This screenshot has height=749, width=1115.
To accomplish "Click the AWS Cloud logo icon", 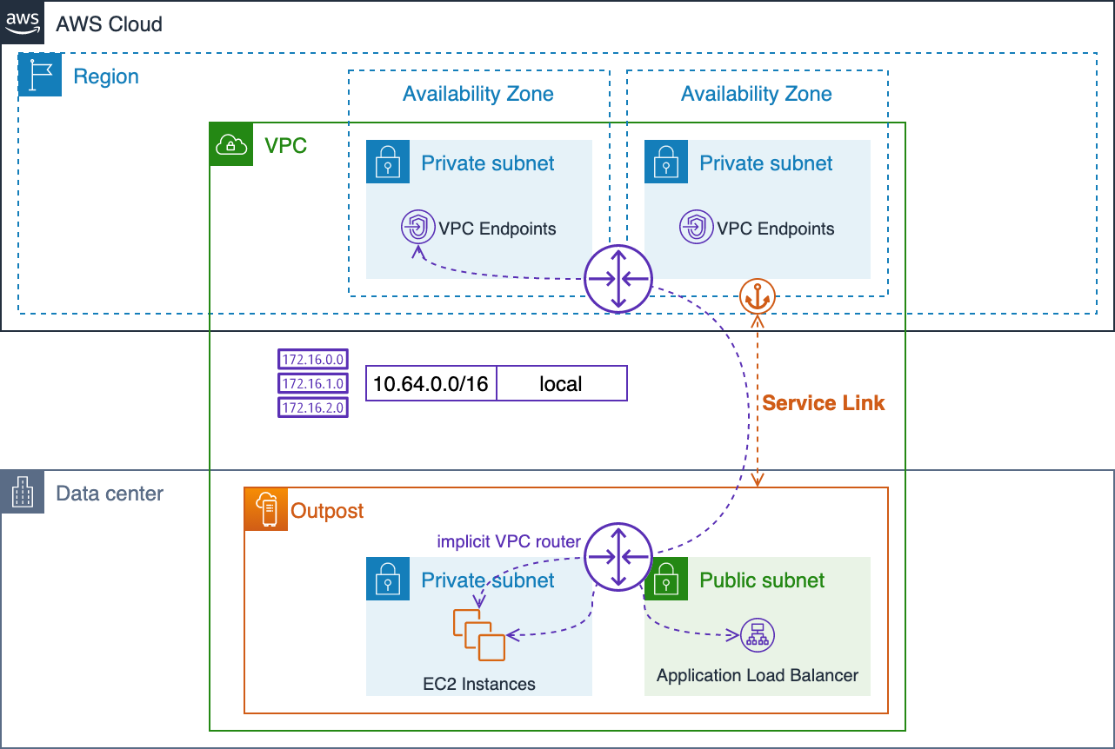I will [x=23, y=23].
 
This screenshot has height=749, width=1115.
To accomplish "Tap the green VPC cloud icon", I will [x=231, y=144].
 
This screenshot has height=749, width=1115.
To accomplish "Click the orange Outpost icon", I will [x=266, y=509].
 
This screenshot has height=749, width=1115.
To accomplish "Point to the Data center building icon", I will [x=23, y=493].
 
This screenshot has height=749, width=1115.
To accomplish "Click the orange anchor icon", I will [x=757, y=297].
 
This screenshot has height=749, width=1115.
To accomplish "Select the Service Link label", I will [x=823, y=403].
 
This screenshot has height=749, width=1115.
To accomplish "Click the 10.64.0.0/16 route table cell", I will [x=431, y=383].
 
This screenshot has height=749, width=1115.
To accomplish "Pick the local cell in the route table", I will [x=561, y=383].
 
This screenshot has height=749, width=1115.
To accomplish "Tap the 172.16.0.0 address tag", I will [x=313, y=359].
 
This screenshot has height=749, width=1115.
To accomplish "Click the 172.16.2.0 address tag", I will [x=313, y=408].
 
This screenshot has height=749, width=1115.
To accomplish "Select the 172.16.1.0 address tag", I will [x=313, y=383].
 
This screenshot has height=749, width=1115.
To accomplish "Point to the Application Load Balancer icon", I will [x=757, y=636].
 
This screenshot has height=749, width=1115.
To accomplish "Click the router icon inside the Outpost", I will [x=618, y=556].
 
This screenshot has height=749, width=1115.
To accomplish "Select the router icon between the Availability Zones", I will [x=618, y=279].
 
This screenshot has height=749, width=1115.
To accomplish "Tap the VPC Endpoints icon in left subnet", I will [x=418, y=228].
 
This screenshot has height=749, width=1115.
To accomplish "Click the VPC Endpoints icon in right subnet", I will [x=697, y=228].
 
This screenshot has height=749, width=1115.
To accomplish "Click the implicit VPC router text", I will [x=508, y=541].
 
